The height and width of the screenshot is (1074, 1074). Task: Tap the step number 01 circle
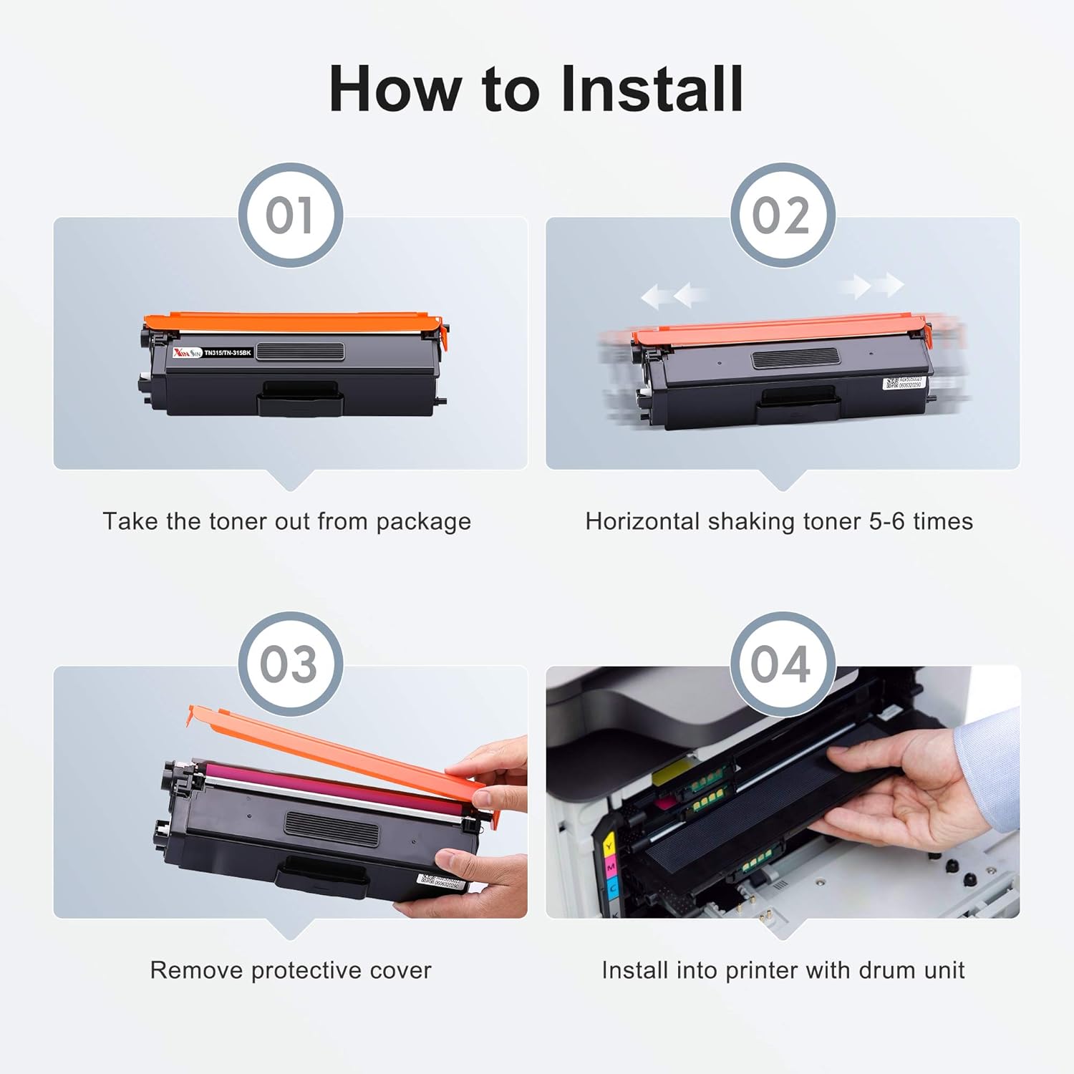(x=290, y=216)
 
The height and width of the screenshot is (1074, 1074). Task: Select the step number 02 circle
(x=782, y=216)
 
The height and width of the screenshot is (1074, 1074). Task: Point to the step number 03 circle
(x=290, y=664)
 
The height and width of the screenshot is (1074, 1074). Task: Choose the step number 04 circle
(x=782, y=664)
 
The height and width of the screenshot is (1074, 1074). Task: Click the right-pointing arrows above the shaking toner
(x=872, y=286)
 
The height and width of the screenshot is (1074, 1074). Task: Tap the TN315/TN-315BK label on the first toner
(x=227, y=353)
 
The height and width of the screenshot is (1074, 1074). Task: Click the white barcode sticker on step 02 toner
(x=904, y=384)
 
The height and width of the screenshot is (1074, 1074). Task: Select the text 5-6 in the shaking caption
(x=887, y=521)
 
